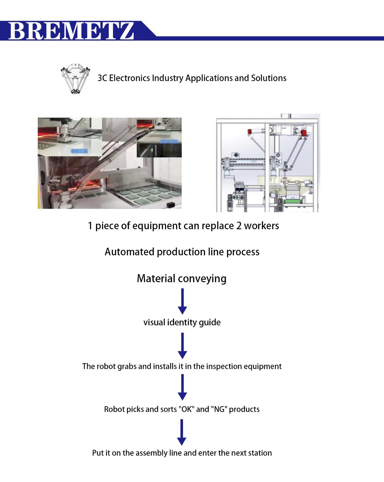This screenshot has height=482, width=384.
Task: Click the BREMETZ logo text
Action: [x=71, y=31]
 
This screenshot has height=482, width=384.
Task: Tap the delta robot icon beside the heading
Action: [x=75, y=78]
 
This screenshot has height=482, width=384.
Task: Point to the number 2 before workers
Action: [x=239, y=226]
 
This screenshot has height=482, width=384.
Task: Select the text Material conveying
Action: [x=182, y=278]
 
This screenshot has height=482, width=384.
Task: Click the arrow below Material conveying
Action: [x=182, y=301]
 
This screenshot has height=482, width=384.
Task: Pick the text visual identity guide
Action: [x=182, y=322]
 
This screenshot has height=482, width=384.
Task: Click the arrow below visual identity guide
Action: [x=182, y=345]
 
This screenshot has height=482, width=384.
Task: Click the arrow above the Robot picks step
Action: [x=182, y=387]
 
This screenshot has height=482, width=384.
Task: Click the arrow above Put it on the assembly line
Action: [x=182, y=432]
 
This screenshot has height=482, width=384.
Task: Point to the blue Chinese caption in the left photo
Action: [x=80, y=151]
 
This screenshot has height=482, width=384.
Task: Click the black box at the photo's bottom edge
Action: [x=170, y=205]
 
